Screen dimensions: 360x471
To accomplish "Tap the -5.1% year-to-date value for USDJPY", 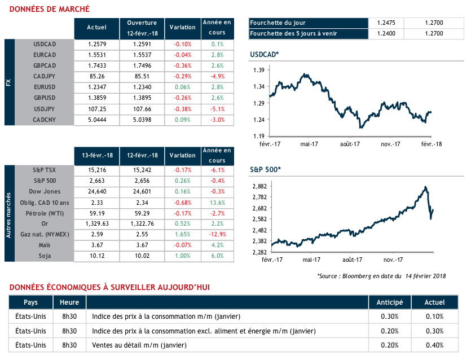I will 218,108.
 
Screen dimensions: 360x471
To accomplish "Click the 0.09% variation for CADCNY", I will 183,120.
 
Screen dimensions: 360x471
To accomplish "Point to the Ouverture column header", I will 142,27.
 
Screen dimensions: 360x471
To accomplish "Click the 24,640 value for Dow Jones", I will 97,191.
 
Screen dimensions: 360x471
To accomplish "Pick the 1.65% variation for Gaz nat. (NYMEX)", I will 183,234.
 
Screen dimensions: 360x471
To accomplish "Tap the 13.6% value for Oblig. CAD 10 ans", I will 218,202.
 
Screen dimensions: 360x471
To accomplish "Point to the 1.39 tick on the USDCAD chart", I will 259,70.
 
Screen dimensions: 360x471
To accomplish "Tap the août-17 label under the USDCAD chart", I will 350,144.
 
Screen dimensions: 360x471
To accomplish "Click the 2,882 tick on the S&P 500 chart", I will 259,186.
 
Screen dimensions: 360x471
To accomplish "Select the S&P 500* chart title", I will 265,169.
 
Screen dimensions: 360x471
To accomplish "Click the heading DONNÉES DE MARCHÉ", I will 50,8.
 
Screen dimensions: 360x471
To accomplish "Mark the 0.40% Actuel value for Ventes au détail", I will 434,345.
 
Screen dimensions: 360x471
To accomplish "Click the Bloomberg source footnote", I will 381,276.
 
